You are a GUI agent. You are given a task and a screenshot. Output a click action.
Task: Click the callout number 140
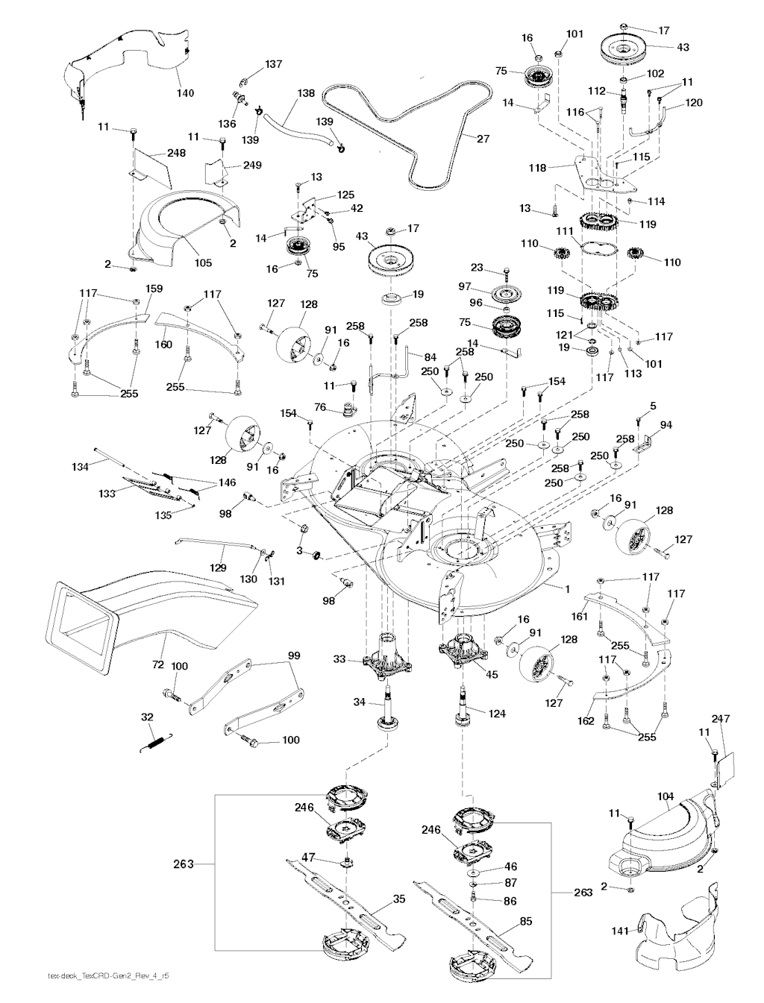(185, 93)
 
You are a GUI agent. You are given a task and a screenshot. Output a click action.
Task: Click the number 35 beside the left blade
(399, 899)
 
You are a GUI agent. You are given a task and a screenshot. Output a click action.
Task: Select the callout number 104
(666, 796)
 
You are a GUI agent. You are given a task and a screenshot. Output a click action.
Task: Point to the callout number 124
(497, 714)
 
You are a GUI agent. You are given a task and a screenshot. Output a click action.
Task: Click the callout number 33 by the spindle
(339, 659)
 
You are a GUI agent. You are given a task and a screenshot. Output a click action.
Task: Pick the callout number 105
(203, 262)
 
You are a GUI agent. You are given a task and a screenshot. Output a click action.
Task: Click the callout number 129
(217, 568)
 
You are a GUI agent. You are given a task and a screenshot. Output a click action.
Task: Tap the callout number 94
(666, 425)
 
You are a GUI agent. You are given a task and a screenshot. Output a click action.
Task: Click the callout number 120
(694, 103)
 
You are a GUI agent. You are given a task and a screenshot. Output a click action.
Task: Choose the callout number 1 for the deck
(568, 589)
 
